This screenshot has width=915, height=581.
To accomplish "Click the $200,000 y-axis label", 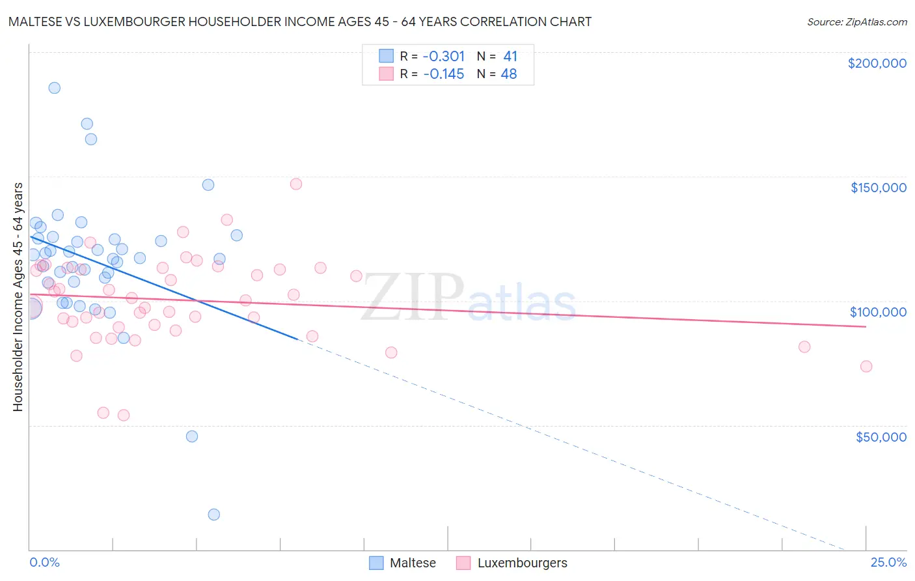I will [877, 63].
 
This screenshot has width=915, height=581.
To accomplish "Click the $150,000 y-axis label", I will [878, 188].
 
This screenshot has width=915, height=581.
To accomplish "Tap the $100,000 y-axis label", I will [878, 312].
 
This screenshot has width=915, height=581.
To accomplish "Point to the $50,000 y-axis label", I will [881, 436].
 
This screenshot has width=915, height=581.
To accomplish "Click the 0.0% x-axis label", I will [44, 562].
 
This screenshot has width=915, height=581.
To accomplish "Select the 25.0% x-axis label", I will [888, 562].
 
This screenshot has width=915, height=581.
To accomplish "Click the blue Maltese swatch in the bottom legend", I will [376, 563].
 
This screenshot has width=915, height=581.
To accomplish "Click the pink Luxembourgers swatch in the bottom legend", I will [463, 563].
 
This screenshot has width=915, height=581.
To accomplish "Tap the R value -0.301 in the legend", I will [444, 56].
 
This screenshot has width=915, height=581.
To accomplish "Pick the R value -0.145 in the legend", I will [444, 74].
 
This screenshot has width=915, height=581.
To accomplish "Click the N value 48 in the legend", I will [508, 74].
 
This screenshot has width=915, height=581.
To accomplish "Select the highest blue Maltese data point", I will [55, 88].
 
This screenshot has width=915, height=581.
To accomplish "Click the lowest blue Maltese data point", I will [213, 515].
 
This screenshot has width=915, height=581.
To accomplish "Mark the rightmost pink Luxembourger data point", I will [866, 366].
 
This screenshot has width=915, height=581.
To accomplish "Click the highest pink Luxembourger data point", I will [296, 184].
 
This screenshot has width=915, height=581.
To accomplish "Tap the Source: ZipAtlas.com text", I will [856, 21].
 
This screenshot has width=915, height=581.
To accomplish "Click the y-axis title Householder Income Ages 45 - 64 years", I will [18, 296].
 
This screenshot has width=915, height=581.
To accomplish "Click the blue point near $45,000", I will [192, 436].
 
